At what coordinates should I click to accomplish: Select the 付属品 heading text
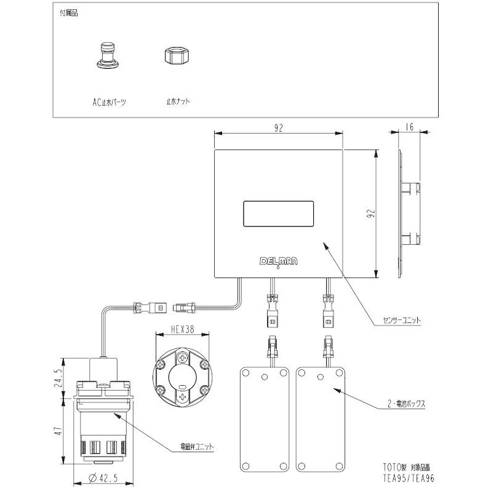(x=69, y=12)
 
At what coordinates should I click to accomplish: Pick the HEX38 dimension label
(x=182, y=329)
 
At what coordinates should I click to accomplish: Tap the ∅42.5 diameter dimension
(x=99, y=479)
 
